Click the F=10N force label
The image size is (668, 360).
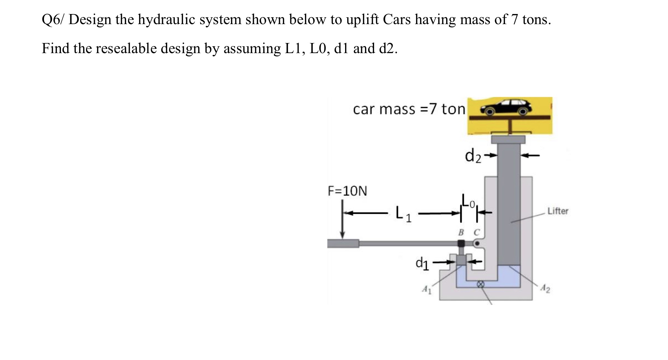tap(347, 191)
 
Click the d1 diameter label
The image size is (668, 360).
tap(422, 263)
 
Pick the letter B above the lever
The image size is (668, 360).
tap(461, 232)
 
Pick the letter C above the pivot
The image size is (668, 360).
tap(476, 232)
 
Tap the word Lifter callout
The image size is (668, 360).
tap(558, 211)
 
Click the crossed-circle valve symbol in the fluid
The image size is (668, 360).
tap(480, 284)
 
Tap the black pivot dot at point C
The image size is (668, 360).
tap(477, 243)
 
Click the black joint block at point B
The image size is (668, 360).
tap(461, 243)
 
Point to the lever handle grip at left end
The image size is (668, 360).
tap(343, 243)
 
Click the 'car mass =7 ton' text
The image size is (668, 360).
tap(409, 109)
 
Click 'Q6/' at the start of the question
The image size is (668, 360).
tap(53, 20)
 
